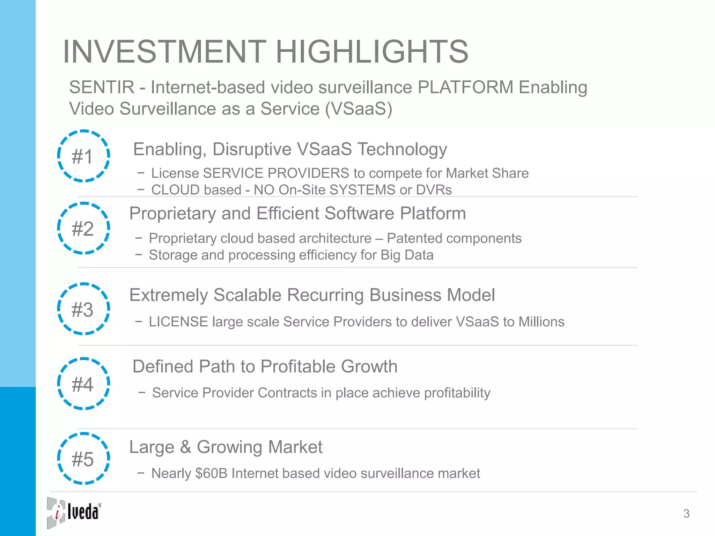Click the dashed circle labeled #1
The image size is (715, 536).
(x=83, y=156)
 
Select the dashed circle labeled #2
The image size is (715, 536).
(x=83, y=228)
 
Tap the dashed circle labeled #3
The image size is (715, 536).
(x=83, y=309)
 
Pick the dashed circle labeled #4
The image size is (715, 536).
(x=83, y=384)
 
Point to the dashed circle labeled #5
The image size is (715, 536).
(x=83, y=459)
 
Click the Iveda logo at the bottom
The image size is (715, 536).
(x=74, y=512)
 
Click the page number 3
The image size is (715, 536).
(x=686, y=514)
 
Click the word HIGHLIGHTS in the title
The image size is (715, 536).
(x=372, y=52)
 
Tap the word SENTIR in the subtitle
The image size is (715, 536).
(x=102, y=87)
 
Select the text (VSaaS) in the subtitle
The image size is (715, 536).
(x=359, y=109)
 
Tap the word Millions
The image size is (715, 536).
(x=541, y=322)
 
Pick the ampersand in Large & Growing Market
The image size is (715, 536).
(x=185, y=447)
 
